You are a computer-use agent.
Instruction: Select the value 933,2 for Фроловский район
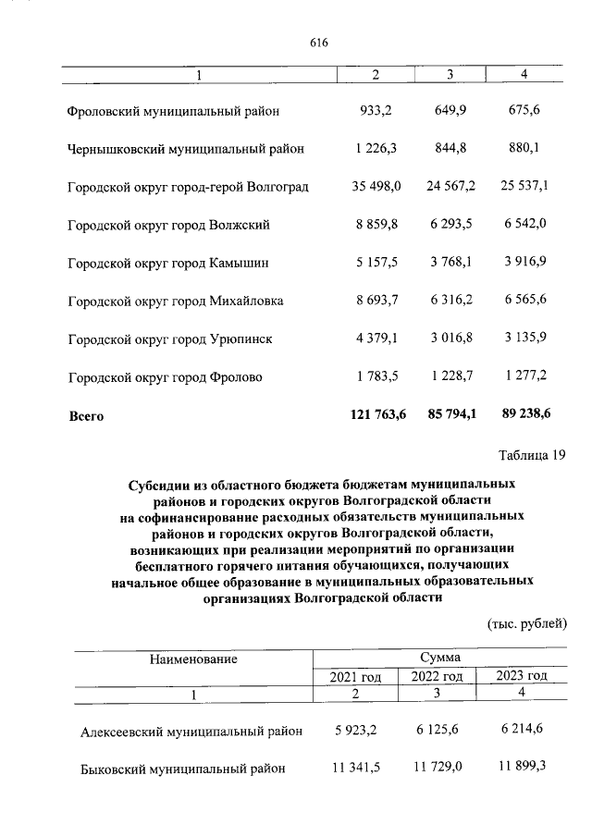coord(376,111)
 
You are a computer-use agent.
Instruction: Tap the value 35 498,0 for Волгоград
coord(376,187)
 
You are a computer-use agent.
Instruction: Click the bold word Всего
coord(87,416)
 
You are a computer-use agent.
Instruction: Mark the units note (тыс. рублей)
coord(526,624)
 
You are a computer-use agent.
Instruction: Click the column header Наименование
coord(195,659)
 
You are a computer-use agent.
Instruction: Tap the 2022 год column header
coord(438,677)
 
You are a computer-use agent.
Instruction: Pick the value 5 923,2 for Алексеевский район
coord(356,731)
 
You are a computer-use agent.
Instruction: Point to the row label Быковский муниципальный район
coord(183,769)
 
